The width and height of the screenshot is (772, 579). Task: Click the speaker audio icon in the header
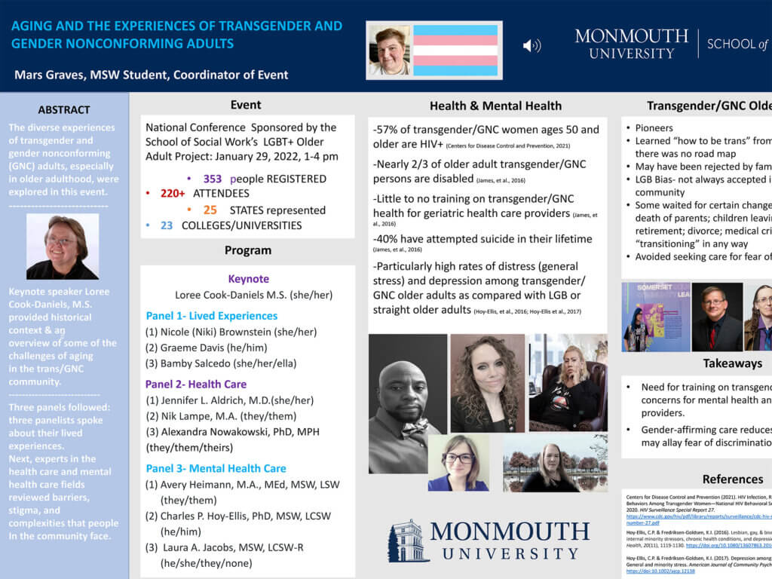[x=532, y=45]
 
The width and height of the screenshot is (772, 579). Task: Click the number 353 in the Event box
[x=213, y=179]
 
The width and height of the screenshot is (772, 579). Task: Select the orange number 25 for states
[x=210, y=210]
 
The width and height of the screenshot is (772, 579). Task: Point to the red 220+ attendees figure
[x=173, y=194]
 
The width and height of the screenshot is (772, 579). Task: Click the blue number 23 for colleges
[x=167, y=225]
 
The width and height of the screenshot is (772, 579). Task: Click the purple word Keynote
[x=248, y=279]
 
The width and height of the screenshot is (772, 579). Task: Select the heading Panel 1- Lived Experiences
[x=211, y=316]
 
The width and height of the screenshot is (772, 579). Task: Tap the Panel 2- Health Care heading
[x=196, y=384]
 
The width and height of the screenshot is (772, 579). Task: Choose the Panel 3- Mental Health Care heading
[x=216, y=469]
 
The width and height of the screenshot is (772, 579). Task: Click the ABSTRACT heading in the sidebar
[x=64, y=109]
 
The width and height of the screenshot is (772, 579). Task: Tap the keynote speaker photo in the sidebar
[x=63, y=247]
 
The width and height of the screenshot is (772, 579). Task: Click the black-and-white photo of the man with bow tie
[x=408, y=403]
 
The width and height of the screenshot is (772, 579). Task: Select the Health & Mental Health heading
[x=495, y=106]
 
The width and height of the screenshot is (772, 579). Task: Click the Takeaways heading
[x=732, y=363]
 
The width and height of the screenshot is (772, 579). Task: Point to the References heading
[x=732, y=479]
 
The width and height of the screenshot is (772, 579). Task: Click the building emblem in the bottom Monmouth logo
[x=409, y=541]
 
